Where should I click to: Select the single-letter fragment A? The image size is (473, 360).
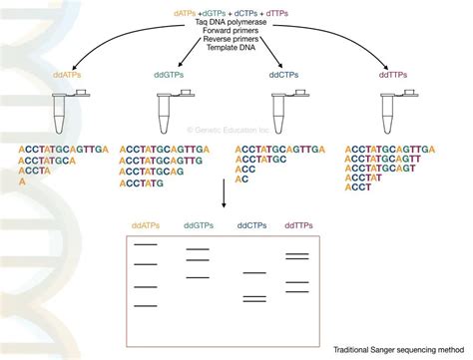22,181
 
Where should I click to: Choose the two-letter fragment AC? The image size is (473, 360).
241,180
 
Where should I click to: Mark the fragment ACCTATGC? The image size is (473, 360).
261,158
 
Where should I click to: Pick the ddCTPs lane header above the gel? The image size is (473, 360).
254,225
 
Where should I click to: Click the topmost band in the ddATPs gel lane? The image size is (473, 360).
147,243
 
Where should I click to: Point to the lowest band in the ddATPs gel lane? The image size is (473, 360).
147,304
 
